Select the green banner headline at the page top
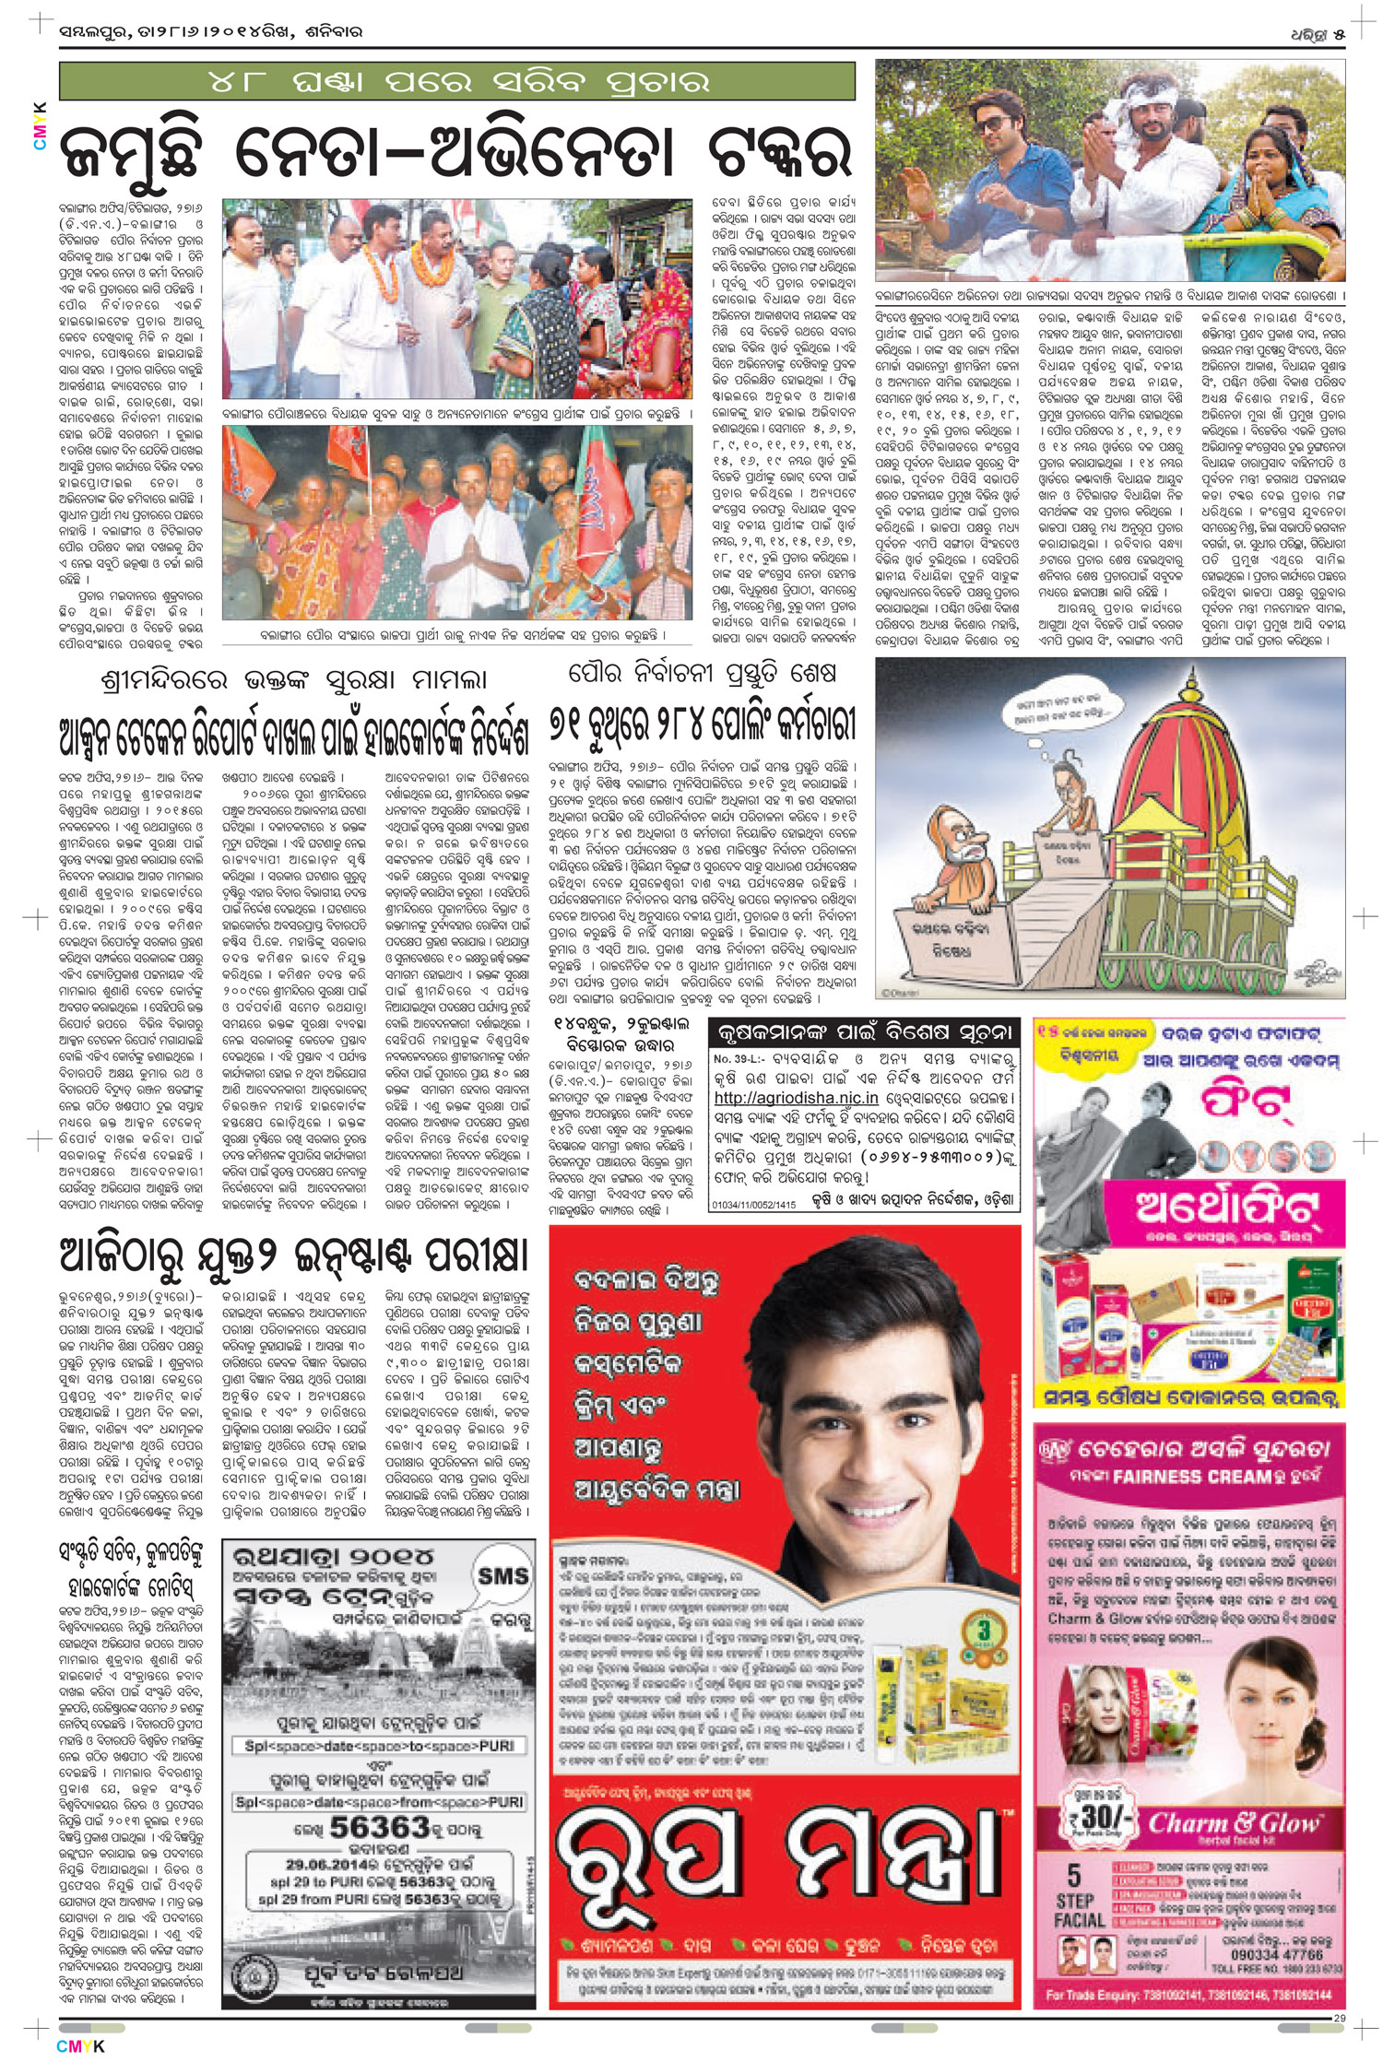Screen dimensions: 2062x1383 point(456,81)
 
